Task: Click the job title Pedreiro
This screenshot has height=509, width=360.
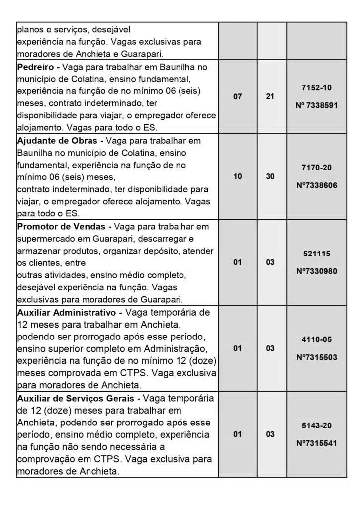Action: tap(35, 67)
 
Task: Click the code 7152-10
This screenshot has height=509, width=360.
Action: tap(316, 87)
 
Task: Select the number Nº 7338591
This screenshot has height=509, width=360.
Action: tap(316, 106)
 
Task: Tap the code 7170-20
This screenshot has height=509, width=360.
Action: tap(316, 168)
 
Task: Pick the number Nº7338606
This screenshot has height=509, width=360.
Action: tap(316, 185)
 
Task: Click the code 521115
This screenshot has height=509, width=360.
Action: tap(316, 254)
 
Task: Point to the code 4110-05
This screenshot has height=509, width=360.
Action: tap(316, 340)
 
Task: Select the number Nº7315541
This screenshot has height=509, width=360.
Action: tap(316, 443)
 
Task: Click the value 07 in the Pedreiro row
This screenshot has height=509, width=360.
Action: tap(238, 97)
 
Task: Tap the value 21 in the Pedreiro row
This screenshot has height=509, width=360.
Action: tap(270, 97)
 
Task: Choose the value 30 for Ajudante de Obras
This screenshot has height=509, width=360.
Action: tap(270, 176)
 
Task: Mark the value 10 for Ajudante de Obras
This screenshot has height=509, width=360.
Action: tap(238, 176)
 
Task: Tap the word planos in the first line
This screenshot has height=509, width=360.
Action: tap(31, 30)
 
